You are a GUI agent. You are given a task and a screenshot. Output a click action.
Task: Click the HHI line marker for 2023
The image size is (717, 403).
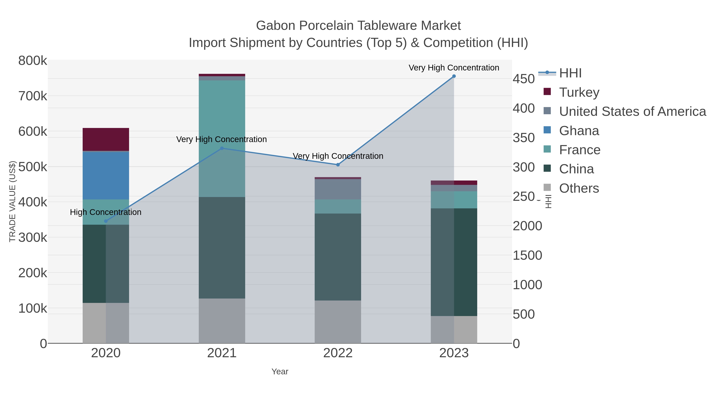point(454,76)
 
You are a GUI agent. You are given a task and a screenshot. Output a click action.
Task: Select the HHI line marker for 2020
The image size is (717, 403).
point(106,221)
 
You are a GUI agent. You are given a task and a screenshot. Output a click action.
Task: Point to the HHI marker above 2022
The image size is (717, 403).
point(338,165)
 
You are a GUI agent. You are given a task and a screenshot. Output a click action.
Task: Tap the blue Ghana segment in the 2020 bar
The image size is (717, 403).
point(106,176)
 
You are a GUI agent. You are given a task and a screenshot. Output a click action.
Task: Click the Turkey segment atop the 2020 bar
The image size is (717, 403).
point(106,139)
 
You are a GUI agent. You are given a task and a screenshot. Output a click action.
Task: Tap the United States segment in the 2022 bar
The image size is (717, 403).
point(338,189)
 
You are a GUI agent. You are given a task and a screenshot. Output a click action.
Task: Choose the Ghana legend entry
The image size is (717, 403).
point(579,131)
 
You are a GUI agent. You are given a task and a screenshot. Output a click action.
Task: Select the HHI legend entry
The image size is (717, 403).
point(570,73)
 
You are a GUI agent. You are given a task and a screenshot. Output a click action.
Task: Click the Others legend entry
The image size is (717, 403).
point(579,188)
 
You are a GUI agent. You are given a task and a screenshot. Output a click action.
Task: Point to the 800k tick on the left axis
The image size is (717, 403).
point(33,61)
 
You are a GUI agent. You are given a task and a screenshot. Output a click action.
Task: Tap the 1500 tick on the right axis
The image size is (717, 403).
point(527,255)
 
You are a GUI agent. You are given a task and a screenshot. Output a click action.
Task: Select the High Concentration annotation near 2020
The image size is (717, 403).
point(106,212)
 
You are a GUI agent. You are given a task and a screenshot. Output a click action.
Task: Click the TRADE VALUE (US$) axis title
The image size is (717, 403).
point(13,201)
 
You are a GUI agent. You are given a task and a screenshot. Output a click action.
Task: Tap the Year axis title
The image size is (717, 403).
point(280,372)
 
